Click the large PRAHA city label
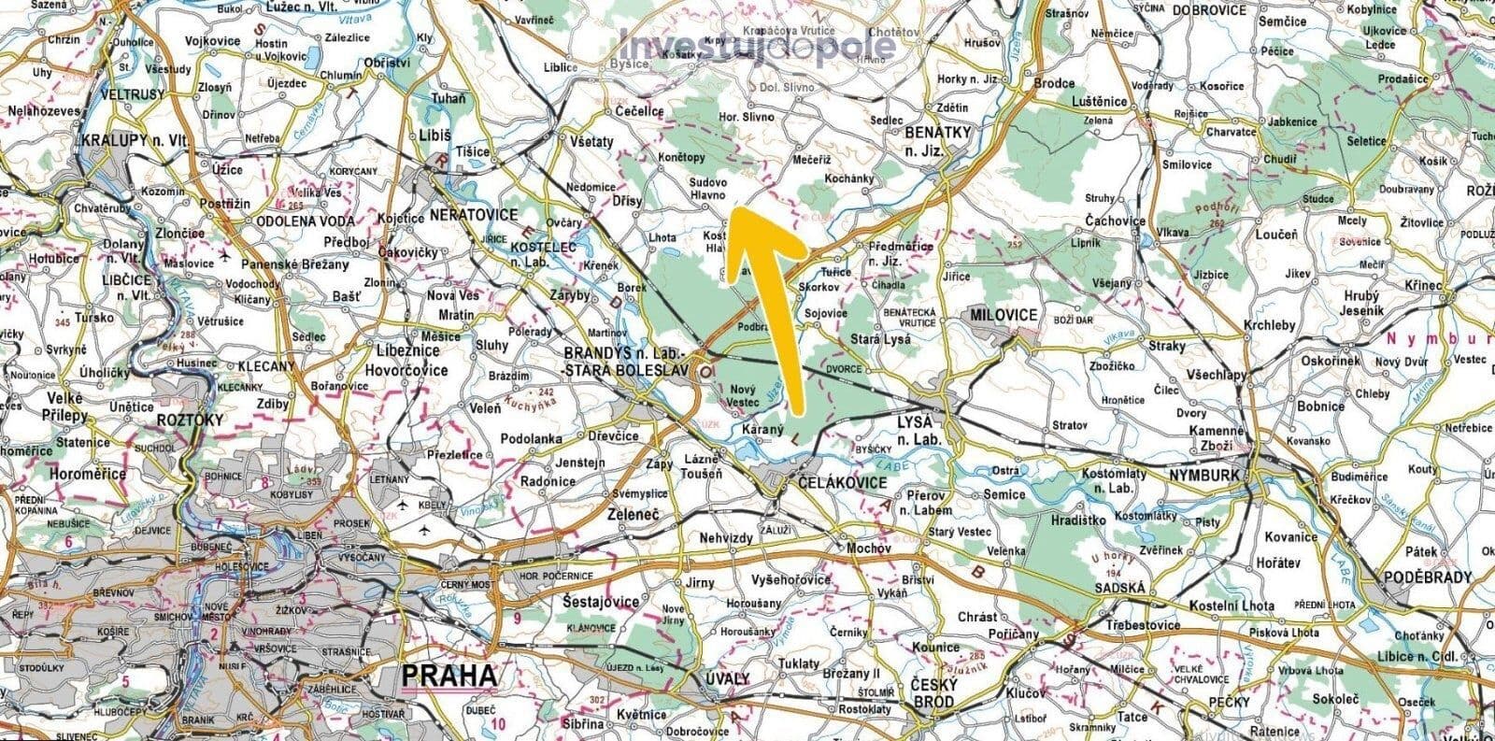point(448,675)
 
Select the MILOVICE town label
point(1004,315)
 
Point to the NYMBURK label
point(1203,476)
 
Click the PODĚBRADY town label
point(1431,577)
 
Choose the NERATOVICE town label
point(474,214)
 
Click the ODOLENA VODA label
point(306,221)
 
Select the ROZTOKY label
point(192,420)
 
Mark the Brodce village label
point(1054,83)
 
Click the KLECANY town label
point(267,366)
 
